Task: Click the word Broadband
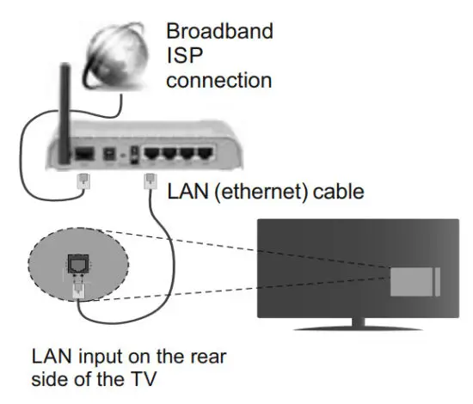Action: pos(219,32)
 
